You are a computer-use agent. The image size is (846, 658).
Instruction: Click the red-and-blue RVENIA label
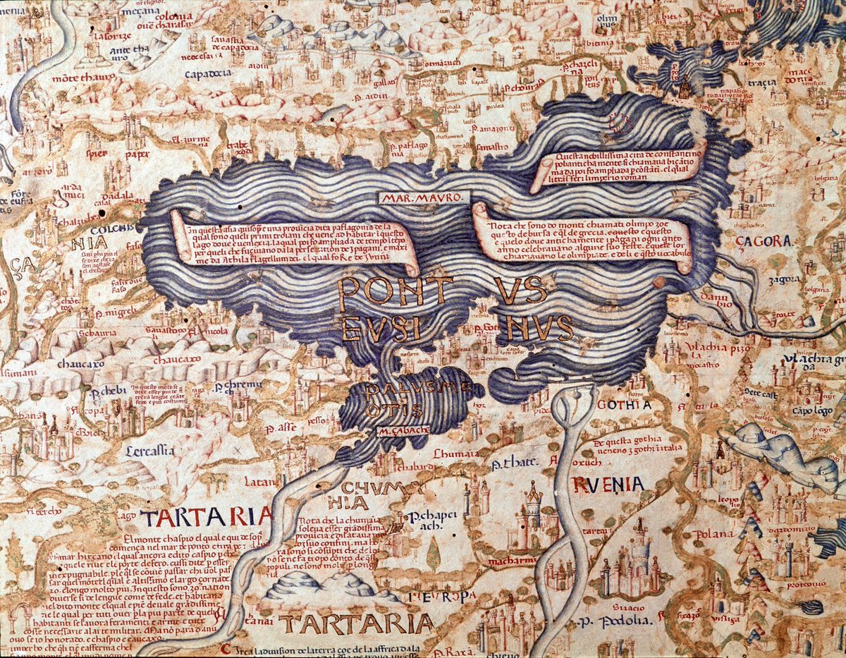608,485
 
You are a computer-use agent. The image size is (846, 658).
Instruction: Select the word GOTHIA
623,405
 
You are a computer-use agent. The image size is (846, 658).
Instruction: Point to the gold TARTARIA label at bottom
355,623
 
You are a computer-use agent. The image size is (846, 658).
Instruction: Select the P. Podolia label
611,621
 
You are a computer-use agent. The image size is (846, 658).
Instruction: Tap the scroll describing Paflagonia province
293,243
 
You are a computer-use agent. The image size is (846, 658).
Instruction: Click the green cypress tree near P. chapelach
433,554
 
